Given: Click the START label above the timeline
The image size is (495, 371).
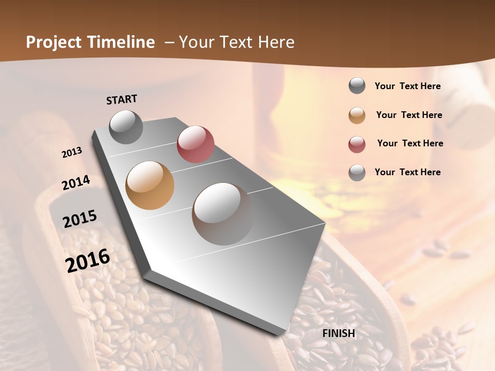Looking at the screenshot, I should (122, 99).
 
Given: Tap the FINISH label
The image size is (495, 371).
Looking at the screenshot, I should (339, 333).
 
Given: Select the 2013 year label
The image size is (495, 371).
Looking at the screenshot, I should (72, 153).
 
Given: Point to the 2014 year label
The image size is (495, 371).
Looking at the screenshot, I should (76, 182).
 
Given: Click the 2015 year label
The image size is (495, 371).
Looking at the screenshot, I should (80, 219).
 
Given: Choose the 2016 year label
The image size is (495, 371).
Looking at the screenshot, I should (88, 260).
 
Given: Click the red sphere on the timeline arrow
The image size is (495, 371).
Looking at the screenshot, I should (195, 144).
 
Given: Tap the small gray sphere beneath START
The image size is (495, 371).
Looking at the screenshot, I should (126, 127).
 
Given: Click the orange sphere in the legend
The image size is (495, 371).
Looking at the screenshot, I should (357, 115).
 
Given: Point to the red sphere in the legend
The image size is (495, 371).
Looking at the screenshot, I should (357, 144).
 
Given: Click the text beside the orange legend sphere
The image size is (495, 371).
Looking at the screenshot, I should (409, 115).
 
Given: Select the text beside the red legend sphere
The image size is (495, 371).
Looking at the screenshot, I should (410, 143).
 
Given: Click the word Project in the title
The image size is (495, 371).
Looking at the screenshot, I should (54, 42).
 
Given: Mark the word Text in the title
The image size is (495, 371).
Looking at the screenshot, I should (236, 42).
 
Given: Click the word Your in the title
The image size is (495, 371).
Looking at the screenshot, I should (197, 42).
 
